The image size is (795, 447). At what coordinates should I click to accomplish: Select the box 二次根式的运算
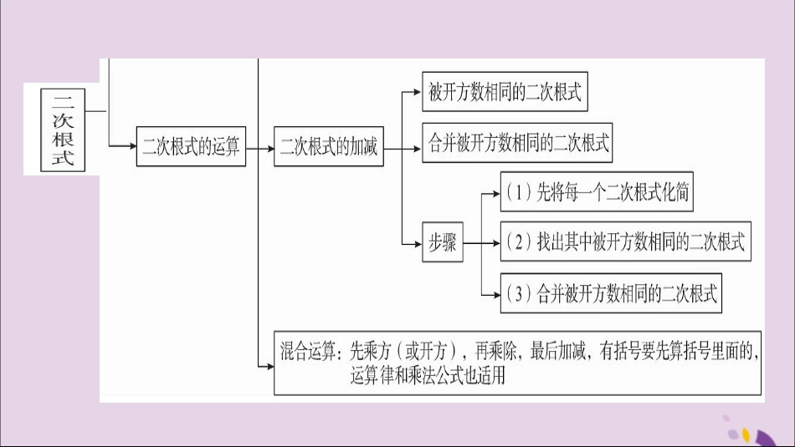191,148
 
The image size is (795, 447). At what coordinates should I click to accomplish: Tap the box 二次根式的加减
329,148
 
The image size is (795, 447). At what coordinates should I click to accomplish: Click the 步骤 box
442,243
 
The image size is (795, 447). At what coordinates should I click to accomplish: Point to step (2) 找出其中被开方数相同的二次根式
624,242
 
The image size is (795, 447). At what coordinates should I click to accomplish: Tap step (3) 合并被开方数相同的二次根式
611,293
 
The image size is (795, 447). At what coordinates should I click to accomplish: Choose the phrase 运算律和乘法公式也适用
428,376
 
